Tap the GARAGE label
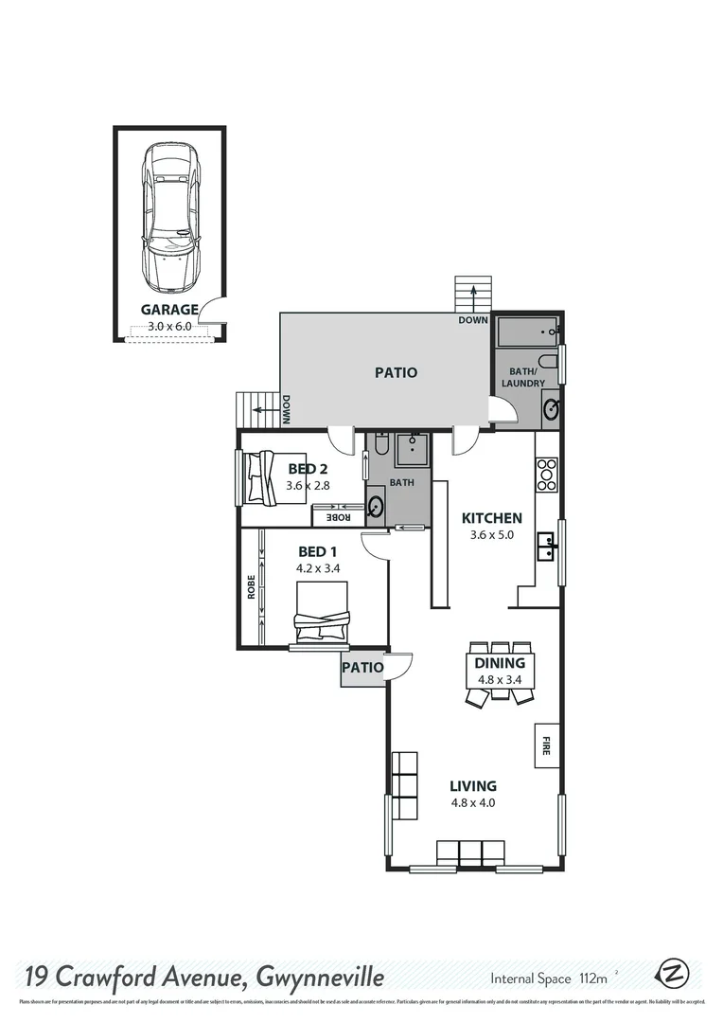pos(169,309)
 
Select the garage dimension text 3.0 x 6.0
pos(169,326)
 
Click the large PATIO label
pos(396,372)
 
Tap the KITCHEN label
pos(491,518)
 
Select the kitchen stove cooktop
pos(547,474)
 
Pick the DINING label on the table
pos(500,663)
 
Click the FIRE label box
pos(545,745)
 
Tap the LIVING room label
pos(473,785)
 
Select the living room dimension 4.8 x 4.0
pos(473,803)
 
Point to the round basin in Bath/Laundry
pos(551,409)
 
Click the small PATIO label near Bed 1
pos(363,668)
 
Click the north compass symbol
pos(674,973)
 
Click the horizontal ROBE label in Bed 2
pos(337,517)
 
